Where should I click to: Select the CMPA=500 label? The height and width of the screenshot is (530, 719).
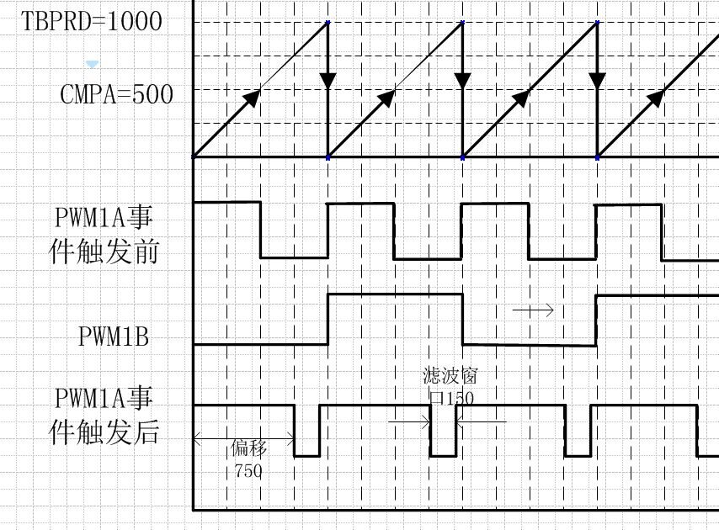(116, 94)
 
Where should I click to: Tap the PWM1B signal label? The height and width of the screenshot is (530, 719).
(113, 337)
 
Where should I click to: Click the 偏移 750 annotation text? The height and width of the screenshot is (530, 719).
(247, 459)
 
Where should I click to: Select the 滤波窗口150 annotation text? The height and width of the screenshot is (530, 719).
(450, 386)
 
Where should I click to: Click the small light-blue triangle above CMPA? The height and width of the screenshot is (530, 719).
(93, 64)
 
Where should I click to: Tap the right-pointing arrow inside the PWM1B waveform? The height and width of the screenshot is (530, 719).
(534, 310)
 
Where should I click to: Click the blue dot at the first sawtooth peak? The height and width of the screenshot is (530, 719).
(328, 22)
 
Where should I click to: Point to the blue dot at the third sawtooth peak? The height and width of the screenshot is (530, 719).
(597, 22)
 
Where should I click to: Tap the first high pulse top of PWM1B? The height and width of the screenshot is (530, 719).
(395, 294)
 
